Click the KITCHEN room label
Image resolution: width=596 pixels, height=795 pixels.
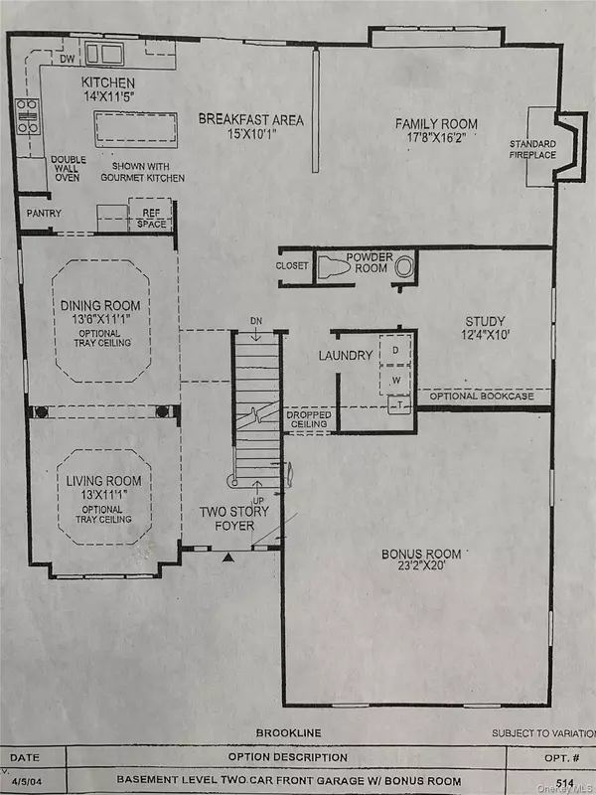(x=108, y=81)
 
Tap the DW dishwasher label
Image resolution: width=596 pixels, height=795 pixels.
(x=69, y=59)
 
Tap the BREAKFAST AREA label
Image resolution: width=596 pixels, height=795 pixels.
(x=250, y=119)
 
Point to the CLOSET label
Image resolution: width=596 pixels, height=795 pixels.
(x=294, y=266)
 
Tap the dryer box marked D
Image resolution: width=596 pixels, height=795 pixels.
(x=394, y=351)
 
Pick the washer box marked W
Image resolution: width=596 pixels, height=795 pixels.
(x=394, y=379)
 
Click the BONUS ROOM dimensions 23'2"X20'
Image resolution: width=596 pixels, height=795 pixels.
(x=417, y=569)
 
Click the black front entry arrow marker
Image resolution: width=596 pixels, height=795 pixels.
(x=228, y=558)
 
